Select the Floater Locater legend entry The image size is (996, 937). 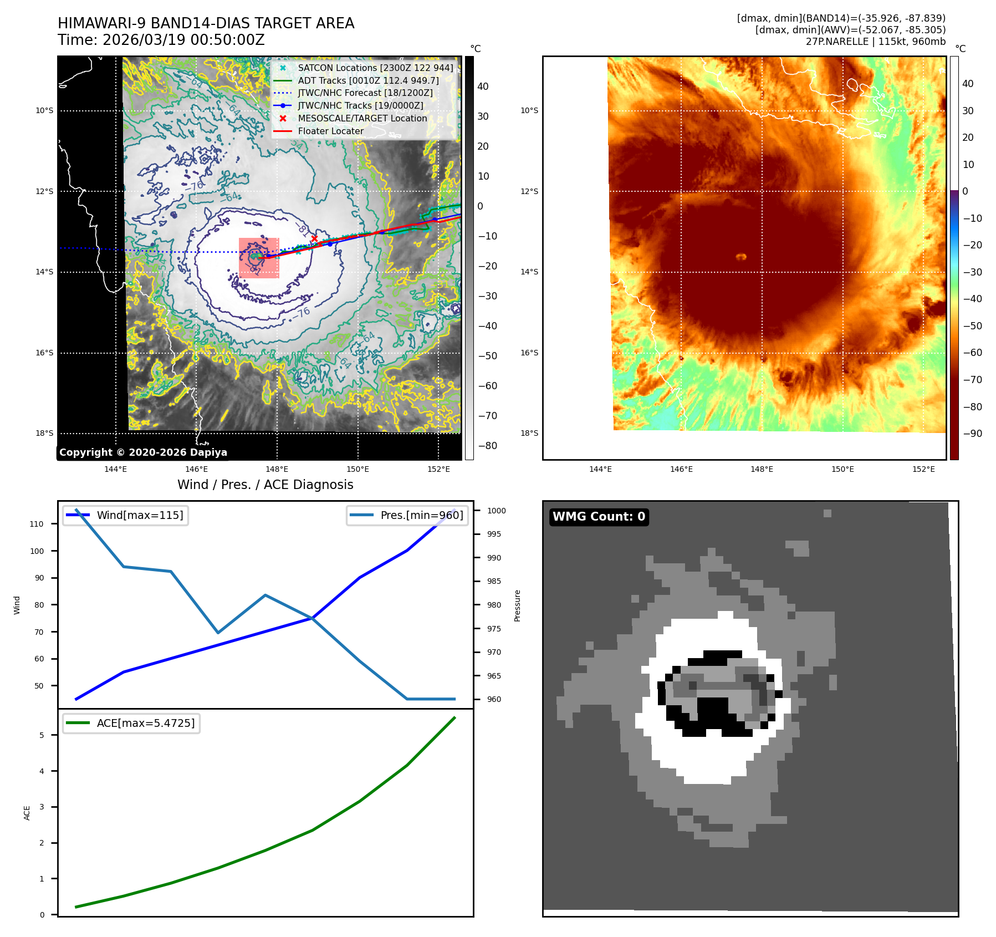click(x=330, y=131)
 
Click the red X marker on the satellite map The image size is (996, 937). click(x=314, y=239)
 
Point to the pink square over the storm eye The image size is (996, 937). click(x=259, y=258)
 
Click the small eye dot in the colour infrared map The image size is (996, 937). click(x=741, y=257)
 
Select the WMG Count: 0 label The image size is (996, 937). click(x=599, y=517)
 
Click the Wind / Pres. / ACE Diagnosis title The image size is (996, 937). click(x=265, y=485)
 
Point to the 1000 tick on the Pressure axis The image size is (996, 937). click(x=496, y=511)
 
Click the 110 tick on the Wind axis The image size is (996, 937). click(x=37, y=524)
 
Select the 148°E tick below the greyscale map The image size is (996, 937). click(x=277, y=469)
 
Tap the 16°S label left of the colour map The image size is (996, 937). click(x=529, y=353)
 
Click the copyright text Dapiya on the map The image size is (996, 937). click(x=208, y=452)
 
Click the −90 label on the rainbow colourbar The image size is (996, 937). click(x=972, y=434)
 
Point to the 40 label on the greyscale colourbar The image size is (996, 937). click(x=483, y=86)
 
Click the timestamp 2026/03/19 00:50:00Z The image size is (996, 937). click(x=183, y=40)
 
